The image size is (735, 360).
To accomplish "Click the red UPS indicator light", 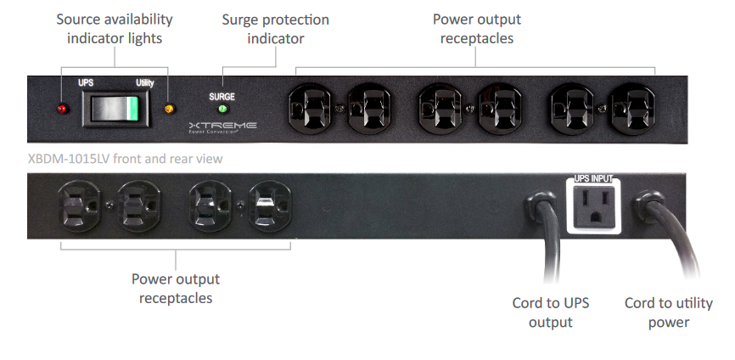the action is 62,110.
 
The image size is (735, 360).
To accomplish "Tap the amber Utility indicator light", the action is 169,110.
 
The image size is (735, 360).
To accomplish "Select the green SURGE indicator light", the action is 223,110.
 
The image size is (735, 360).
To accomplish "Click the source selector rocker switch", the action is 115,109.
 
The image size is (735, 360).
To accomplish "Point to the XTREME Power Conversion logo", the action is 222,127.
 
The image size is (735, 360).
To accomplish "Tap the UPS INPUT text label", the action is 593,178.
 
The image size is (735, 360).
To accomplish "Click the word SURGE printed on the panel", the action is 222,97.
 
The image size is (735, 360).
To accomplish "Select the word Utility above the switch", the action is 145,83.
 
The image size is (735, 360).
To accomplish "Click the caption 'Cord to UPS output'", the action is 551,312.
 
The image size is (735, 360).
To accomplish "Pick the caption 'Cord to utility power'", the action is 669,312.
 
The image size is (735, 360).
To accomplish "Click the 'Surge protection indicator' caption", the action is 276,29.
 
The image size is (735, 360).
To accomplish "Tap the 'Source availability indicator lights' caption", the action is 115,29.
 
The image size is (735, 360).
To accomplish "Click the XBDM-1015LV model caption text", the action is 125,159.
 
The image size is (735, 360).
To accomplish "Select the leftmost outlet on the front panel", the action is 309,109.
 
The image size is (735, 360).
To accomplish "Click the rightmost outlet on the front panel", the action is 633,109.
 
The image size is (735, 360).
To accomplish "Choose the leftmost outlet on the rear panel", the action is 79,206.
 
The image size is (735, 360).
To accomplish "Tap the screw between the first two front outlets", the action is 339,109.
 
